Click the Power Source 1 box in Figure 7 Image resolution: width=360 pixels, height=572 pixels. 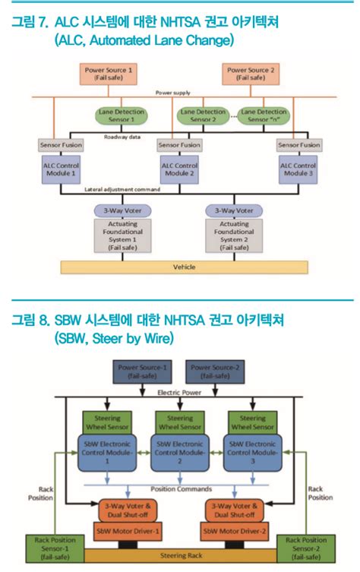[x=109, y=74]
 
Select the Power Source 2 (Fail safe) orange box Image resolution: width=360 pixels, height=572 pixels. [x=252, y=74]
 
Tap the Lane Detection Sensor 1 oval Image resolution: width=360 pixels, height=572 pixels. [x=120, y=115]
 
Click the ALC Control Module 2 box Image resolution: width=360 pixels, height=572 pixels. [x=179, y=169]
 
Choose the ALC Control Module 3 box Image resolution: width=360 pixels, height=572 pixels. [x=298, y=169]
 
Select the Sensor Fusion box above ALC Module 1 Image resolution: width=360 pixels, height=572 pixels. [x=61, y=144]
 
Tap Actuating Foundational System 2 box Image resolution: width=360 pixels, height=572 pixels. [x=233, y=236]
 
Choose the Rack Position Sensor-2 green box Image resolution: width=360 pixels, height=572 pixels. [x=305, y=548]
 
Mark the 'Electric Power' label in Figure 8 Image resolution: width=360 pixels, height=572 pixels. [x=179, y=392]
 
